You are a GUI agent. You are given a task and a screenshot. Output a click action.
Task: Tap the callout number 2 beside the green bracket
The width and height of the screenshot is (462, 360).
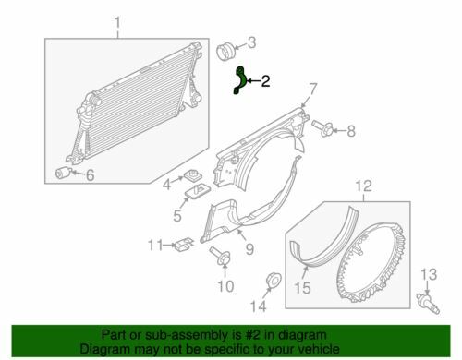265,81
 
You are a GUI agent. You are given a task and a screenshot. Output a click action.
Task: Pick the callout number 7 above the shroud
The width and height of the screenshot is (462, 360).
313,90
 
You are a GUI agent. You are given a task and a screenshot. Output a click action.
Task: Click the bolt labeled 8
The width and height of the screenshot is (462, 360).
322,127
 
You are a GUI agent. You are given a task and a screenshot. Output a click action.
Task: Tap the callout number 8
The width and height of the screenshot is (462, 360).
350,132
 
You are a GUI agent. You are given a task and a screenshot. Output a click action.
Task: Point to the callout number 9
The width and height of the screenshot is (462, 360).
248,246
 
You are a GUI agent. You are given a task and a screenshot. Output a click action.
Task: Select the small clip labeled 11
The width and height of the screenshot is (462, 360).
182,244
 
